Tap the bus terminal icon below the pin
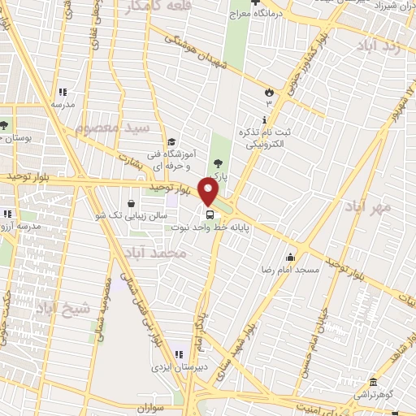(210, 215)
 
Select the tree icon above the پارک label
(216, 163)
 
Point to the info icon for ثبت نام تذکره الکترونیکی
(266, 119)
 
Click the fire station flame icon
(268, 92)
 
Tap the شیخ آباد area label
(57, 307)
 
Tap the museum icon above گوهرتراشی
(373, 383)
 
